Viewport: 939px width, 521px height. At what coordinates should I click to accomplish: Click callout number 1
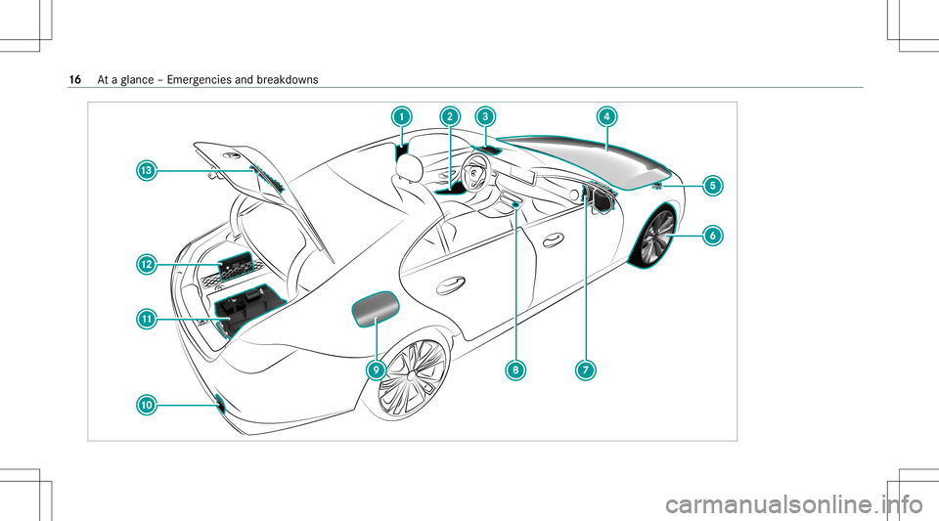(401, 116)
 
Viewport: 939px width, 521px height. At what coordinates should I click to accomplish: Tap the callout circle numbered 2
(449, 116)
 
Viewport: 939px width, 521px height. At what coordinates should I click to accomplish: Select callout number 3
(484, 116)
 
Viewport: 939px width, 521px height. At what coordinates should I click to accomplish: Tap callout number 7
(584, 369)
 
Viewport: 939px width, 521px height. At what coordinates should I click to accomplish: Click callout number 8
(514, 369)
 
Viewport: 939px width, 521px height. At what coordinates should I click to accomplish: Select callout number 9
(376, 369)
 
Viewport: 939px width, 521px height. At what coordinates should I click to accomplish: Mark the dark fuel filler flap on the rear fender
(375, 310)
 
